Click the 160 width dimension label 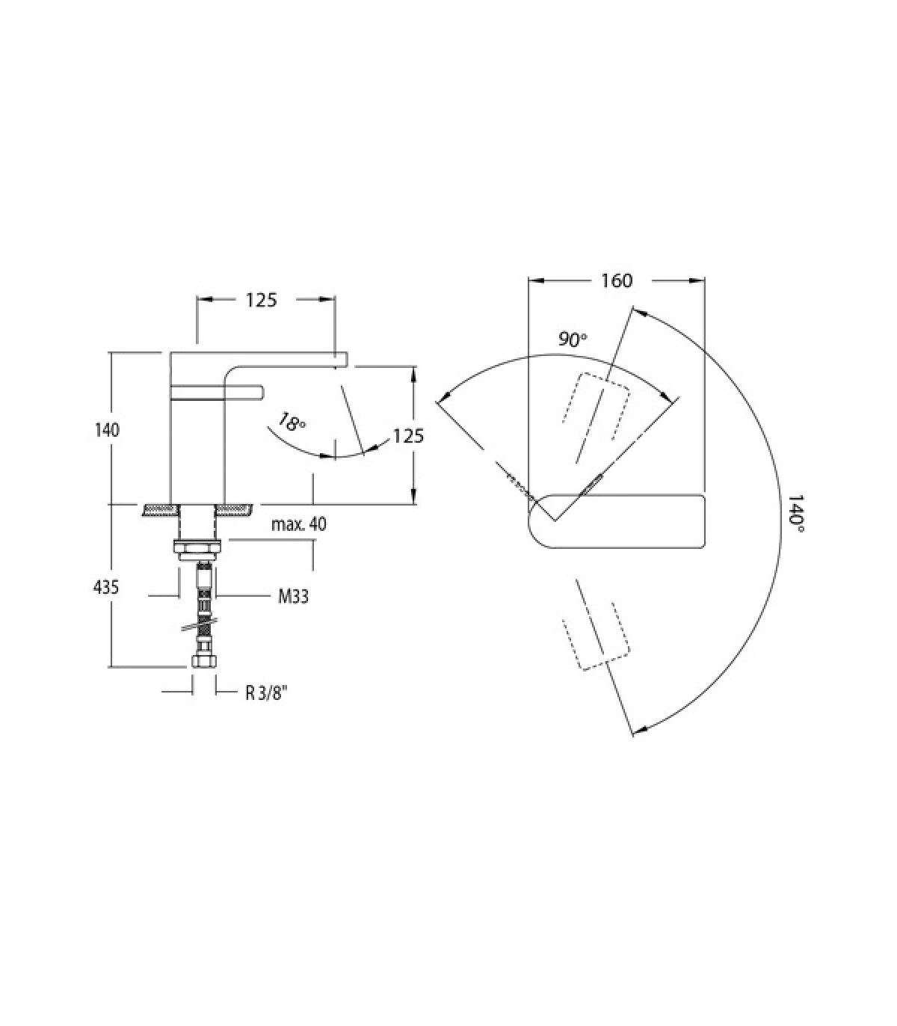click(617, 281)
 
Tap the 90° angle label click(573, 340)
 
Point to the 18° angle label click(291, 423)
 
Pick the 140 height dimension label click(107, 430)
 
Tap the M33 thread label click(293, 597)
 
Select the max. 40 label click(299, 524)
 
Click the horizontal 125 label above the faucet click(261, 300)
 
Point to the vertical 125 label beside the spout click(408, 436)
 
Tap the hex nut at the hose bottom click(203, 660)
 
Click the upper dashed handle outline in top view click(597, 407)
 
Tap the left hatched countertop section click(161, 511)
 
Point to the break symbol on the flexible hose click(196, 627)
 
